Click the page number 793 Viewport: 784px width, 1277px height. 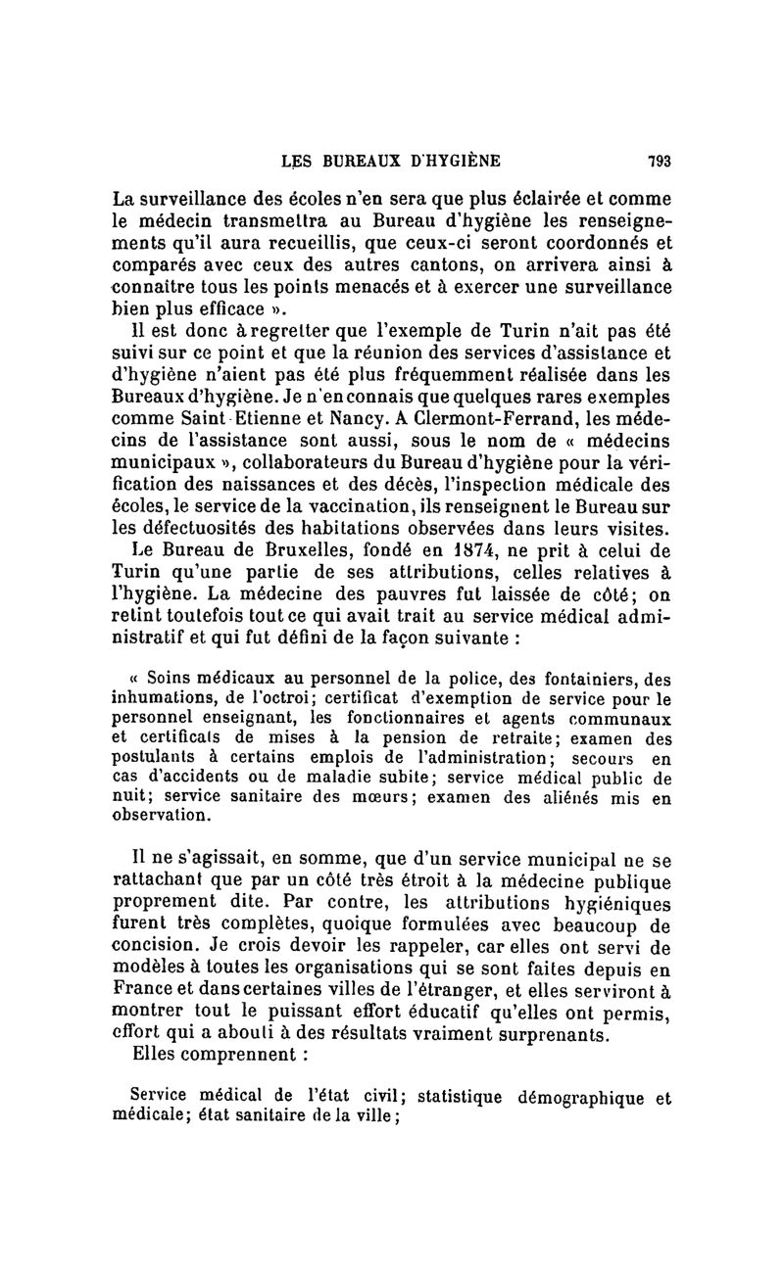658,162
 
